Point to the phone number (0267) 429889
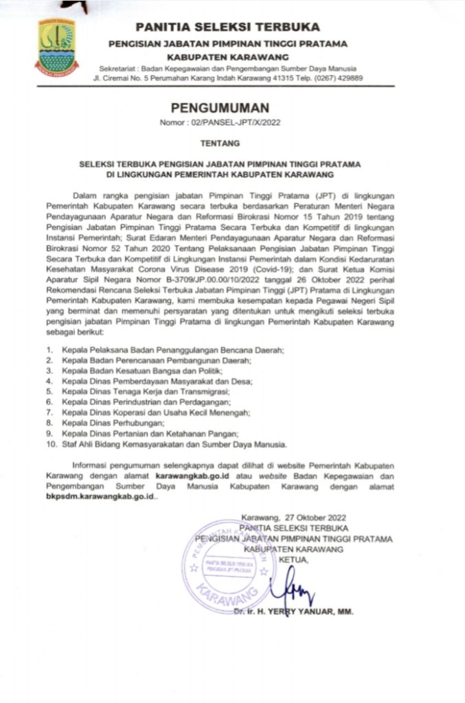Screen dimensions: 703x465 pos(341,78)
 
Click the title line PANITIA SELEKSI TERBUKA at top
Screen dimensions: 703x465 pos(228,27)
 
